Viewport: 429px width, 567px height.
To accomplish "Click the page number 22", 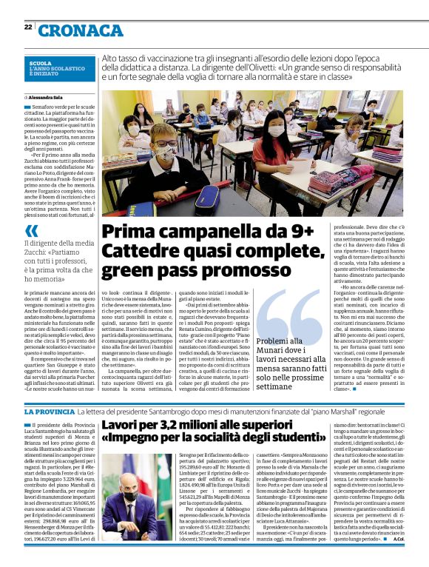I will click(x=27, y=27).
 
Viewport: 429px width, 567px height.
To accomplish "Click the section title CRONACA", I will click(x=81, y=30).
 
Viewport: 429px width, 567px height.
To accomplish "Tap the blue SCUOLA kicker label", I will click(x=41, y=64).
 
